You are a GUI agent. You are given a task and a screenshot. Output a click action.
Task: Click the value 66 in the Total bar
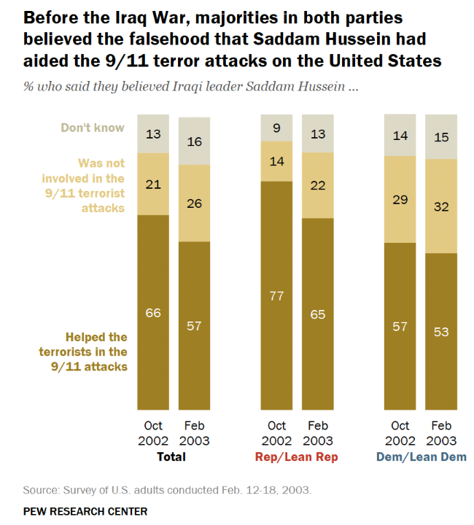(x=153, y=313)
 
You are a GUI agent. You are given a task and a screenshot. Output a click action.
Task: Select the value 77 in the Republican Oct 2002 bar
(x=276, y=296)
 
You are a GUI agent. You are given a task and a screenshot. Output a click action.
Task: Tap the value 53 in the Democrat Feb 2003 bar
(x=440, y=332)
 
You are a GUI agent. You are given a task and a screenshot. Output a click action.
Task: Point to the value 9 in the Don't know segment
(x=276, y=128)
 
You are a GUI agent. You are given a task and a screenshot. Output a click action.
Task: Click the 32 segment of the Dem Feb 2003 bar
(x=440, y=206)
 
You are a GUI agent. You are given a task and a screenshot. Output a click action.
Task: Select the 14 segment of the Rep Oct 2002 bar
(x=276, y=160)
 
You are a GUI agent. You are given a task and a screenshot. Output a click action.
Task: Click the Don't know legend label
(x=93, y=128)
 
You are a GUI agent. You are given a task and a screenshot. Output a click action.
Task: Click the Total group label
(x=171, y=457)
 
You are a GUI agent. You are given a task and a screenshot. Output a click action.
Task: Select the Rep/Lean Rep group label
(x=297, y=457)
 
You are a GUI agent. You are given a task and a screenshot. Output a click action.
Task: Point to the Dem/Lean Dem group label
(x=421, y=457)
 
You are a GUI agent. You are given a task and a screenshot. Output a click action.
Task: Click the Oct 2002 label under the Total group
(x=153, y=434)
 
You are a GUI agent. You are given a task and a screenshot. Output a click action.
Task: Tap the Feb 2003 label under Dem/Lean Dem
(x=440, y=434)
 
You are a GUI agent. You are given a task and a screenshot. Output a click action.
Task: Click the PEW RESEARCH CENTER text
(x=85, y=511)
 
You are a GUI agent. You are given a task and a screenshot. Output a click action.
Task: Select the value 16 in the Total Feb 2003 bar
(x=194, y=141)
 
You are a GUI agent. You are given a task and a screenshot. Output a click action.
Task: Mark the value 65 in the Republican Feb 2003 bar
(x=318, y=315)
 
